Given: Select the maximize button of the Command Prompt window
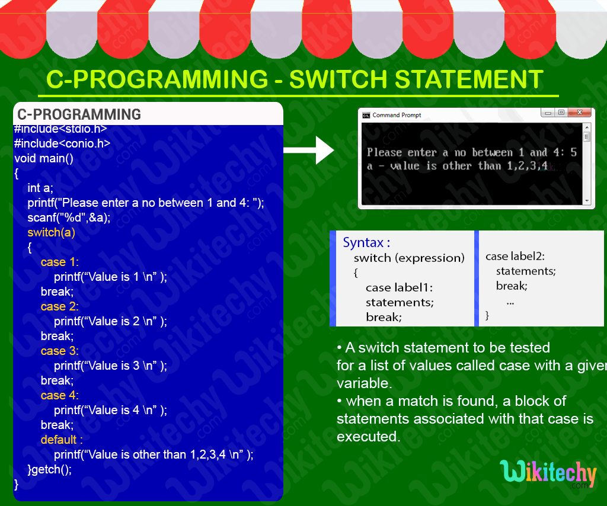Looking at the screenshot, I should pos(560,113).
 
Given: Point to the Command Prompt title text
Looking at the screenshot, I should pos(396,115).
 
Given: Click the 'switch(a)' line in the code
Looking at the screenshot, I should pos(51,232).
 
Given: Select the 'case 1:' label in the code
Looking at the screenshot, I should pos(59,262).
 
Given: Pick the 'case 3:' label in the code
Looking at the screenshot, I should pos(59,351).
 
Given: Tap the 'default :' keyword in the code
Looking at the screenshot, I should pos(61,440).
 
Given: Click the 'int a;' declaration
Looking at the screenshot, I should pos(40,188).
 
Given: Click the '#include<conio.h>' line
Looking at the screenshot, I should pos(62,143).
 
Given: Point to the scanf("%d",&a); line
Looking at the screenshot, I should pos(69,217).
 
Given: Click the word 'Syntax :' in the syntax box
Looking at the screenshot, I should pos(366,242).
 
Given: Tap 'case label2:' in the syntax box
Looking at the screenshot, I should pos(515,257).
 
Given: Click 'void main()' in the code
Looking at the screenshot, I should pos(44,158).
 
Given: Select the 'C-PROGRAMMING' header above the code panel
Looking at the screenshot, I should pos(79,114).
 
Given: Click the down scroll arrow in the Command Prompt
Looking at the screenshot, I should pos(587,201).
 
